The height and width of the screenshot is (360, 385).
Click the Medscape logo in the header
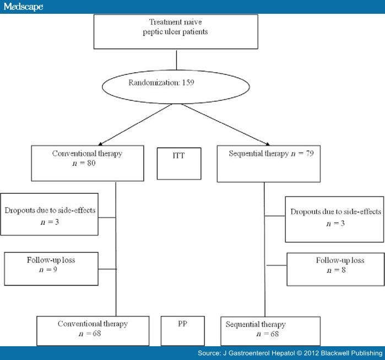click(22, 6)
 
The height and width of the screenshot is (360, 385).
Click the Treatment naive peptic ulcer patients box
click(176, 33)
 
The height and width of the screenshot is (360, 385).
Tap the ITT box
click(179, 163)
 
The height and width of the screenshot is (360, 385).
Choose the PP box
click(183, 330)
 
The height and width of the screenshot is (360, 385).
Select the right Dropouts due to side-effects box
click(335, 218)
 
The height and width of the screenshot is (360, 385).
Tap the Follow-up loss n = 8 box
click(335, 269)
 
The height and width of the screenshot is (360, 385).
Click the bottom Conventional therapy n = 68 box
click(93, 330)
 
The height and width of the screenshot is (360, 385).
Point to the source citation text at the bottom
click(290, 353)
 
